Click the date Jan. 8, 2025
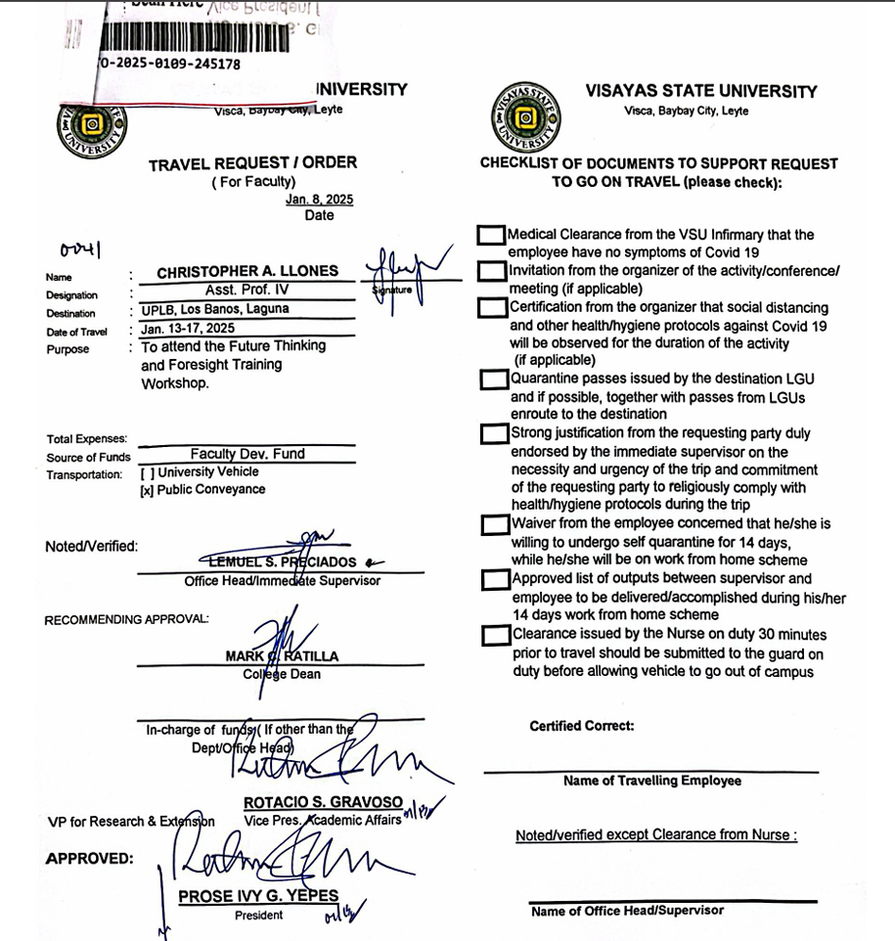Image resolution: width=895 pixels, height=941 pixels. [319, 200]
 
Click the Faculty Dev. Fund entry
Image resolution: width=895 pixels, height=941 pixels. [247, 454]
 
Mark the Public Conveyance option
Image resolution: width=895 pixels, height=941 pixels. [146, 489]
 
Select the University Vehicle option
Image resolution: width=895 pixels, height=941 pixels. [146, 472]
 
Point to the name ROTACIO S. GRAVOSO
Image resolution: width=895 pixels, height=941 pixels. [323, 802]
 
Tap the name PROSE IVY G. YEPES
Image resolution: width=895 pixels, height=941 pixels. [258, 896]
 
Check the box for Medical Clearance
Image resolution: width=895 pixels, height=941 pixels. [491, 236]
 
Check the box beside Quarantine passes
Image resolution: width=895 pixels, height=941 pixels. [493, 380]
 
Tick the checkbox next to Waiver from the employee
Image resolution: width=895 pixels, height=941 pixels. [494, 525]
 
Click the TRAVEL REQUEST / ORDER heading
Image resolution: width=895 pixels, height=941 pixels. [252, 163]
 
